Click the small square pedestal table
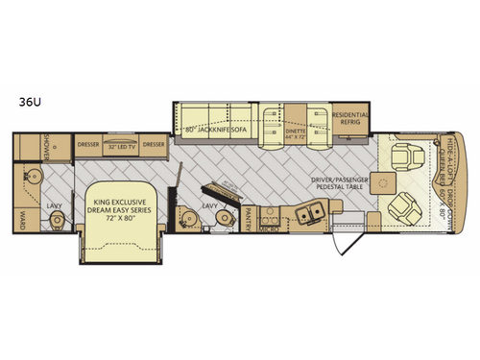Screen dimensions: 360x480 click(x=389, y=180)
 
